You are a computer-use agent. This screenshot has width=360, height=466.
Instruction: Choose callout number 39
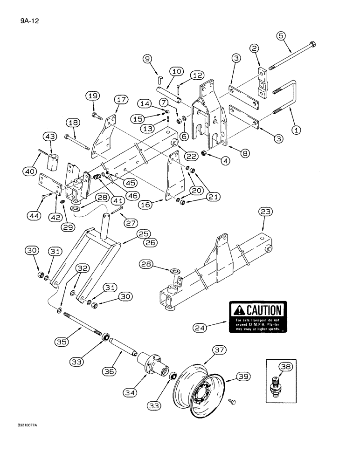242,376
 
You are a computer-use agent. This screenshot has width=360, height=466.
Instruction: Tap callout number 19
92,96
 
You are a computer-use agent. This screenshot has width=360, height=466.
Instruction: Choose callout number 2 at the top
254,48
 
